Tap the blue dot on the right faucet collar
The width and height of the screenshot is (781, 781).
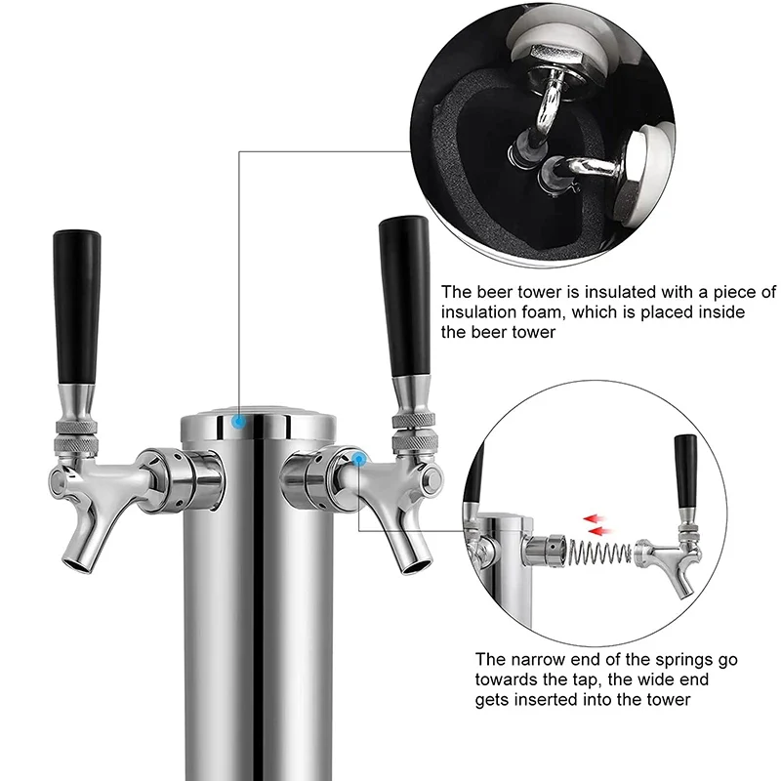[x=359, y=457]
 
